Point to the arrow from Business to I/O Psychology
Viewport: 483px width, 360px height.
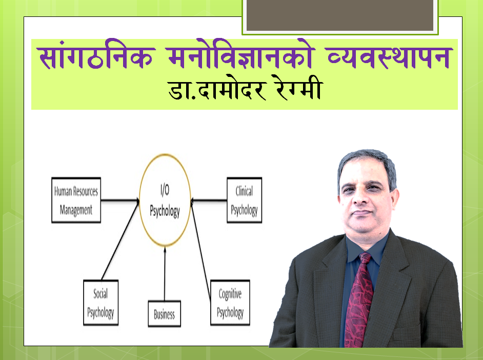[x=165, y=273]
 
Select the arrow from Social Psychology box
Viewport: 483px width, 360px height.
[x=120, y=239]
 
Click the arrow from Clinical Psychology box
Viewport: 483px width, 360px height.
[x=209, y=201]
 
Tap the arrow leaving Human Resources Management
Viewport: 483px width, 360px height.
[x=120, y=201]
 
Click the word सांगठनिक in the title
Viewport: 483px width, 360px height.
[x=96, y=56]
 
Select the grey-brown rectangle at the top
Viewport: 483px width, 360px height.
[x=340, y=15]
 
